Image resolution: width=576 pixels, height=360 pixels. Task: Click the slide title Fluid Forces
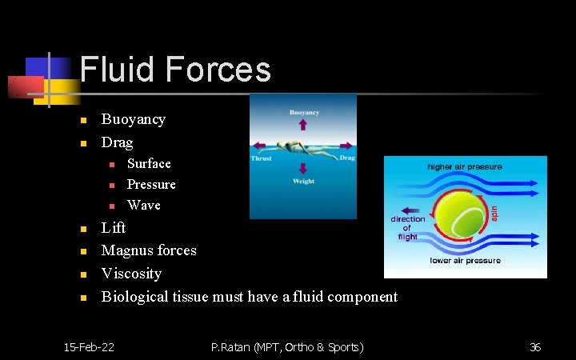[175, 70]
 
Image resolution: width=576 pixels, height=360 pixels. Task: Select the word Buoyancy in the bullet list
[133, 119]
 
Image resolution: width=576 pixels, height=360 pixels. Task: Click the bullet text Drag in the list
[117, 142]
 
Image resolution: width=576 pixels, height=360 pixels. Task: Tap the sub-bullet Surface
[149, 163]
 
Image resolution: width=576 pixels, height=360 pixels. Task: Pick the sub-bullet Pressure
[151, 184]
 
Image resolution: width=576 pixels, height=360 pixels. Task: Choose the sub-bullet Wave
[144, 205]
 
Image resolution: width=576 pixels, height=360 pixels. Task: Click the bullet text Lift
[113, 228]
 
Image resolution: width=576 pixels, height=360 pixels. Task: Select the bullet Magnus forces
[148, 250]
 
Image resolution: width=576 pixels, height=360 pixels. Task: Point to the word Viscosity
[131, 274]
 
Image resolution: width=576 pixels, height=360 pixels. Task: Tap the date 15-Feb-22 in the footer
[89, 346]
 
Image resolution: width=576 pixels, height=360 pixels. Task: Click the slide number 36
[535, 346]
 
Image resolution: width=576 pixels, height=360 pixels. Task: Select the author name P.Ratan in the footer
[232, 346]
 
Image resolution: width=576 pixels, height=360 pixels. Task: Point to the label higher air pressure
[465, 167]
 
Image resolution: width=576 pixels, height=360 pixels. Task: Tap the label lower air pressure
[465, 260]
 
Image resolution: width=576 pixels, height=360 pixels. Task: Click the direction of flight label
[407, 227]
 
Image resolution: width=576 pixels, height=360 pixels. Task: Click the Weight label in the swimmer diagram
[303, 182]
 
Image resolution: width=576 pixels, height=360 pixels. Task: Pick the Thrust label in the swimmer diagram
[262, 158]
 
